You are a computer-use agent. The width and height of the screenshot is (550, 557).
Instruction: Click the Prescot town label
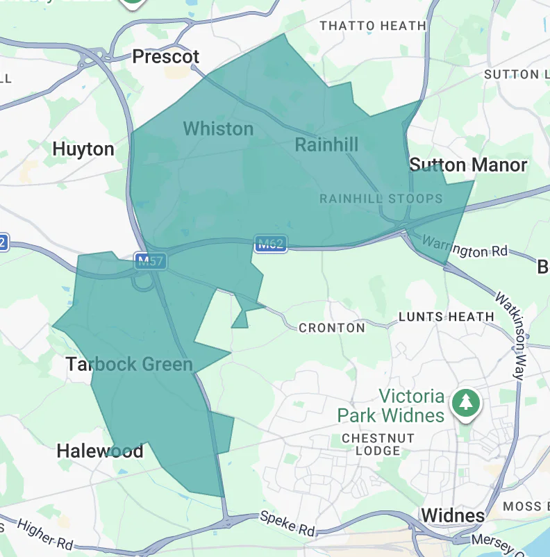(166, 56)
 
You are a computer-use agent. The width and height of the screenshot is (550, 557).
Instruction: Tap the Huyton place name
(83, 149)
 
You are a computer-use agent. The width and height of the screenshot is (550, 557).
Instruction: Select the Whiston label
(218, 128)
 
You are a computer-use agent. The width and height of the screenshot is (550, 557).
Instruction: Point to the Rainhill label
(326, 144)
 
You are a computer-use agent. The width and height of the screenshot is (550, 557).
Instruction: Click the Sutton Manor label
(468, 165)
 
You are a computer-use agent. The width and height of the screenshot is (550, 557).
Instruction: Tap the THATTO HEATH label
(372, 26)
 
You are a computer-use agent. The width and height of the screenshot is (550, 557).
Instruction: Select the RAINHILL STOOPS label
(381, 199)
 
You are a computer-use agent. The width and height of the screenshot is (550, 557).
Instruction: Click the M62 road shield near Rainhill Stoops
(270, 244)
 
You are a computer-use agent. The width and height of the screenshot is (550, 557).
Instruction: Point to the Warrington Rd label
(465, 247)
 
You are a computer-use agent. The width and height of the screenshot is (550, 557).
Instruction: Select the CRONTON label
(331, 328)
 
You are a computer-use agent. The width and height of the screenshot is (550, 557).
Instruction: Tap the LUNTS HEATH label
(446, 317)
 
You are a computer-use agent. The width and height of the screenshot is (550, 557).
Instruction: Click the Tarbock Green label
(129, 364)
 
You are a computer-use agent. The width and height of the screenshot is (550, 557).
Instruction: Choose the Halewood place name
(100, 451)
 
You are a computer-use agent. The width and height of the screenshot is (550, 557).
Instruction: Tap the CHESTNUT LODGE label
(378, 444)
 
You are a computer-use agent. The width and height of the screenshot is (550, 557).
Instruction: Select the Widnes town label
(453, 515)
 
